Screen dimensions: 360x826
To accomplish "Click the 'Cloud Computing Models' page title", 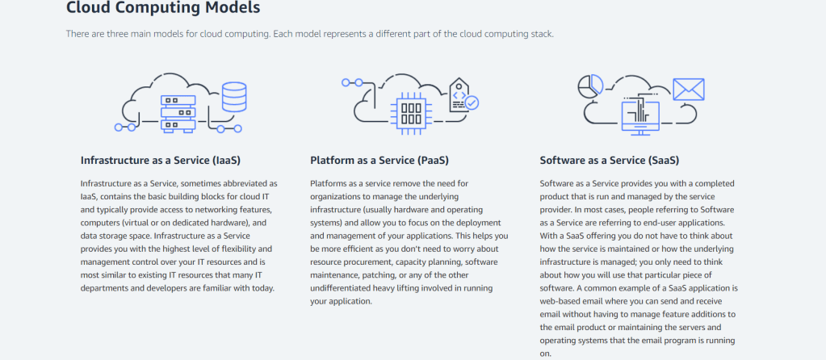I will pos(163,9).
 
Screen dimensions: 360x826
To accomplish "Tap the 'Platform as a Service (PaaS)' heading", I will pos(379,160).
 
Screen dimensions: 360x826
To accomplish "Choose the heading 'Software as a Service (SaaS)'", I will pos(609,160).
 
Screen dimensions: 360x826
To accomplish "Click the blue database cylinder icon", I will pos(234,97).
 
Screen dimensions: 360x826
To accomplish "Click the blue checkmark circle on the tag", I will pos(472,103).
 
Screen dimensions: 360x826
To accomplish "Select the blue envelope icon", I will pos(689,90).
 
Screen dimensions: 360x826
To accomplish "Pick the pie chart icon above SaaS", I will pos(591,84).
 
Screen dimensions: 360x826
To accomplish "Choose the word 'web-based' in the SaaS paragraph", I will pos(561,301).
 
